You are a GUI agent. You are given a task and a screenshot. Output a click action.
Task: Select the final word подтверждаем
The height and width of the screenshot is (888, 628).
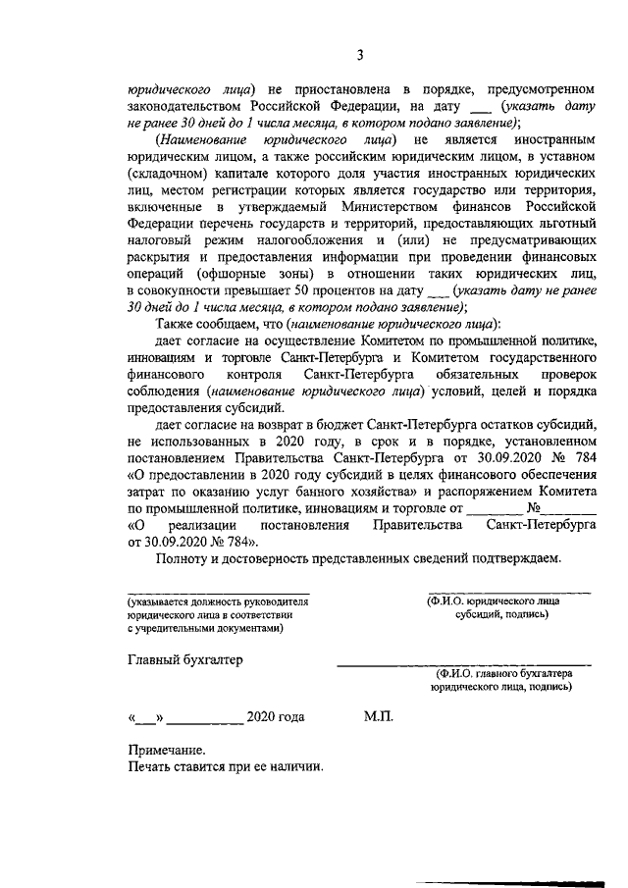point(516,558)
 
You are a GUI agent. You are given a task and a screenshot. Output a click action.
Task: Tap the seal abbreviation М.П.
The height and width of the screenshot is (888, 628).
point(378,717)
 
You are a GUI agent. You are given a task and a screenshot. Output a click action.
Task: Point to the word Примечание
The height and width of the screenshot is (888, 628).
point(166,750)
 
